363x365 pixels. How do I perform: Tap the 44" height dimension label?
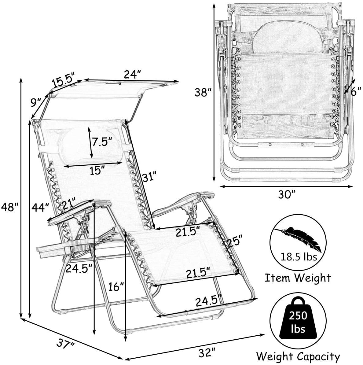(x=40, y=207)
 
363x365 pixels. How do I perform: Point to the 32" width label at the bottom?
(x=207, y=352)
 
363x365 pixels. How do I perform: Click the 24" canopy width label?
(x=133, y=75)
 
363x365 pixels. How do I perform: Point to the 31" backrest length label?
(x=150, y=177)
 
